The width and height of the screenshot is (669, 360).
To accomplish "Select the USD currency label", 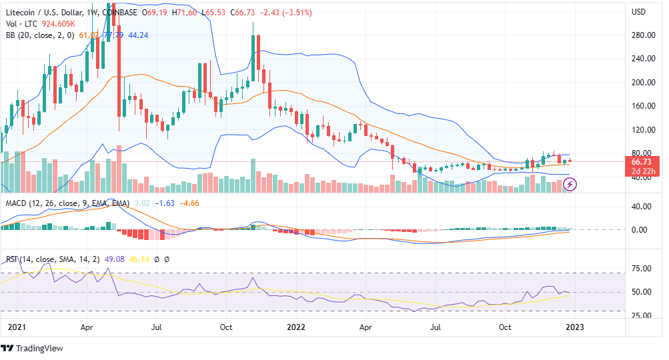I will tap(638, 12).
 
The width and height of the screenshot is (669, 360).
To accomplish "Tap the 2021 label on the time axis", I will tap(14, 327).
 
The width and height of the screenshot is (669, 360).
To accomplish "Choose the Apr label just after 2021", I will tap(86, 327).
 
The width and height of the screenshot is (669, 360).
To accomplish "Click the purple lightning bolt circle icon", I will tap(572, 183).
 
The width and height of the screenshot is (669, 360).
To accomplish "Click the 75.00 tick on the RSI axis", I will tap(641, 269).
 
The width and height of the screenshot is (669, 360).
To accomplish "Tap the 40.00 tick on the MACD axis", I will tap(641, 207).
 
